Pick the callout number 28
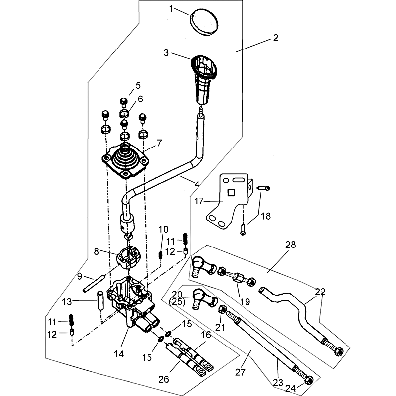pyautogui.click(x=290, y=245)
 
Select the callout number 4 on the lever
pyautogui.click(x=197, y=184)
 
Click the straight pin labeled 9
pyautogui.click(x=95, y=283)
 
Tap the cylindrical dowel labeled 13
pyautogui.click(x=99, y=300)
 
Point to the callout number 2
pyautogui.click(x=276, y=38)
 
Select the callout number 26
pyautogui.click(x=163, y=380)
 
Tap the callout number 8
pyautogui.click(x=97, y=251)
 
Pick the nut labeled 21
pyautogui.click(x=224, y=311)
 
